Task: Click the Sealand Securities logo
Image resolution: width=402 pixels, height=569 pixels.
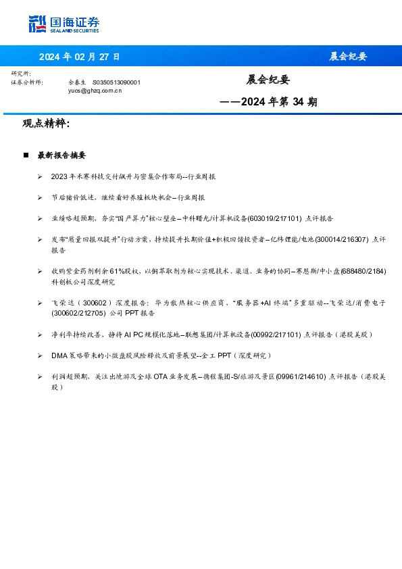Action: click(64, 24)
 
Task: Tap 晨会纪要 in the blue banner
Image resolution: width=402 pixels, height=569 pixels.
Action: click(348, 56)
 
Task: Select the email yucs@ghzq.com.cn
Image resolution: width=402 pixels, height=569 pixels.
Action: click(95, 90)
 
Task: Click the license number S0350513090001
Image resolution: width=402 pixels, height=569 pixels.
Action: click(116, 82)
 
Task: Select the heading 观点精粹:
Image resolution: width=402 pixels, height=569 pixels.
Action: click(46, 124)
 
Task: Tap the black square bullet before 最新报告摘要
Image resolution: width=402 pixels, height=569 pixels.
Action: click(26, 155)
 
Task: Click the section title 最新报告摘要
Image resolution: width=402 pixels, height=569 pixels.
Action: click(61, 155)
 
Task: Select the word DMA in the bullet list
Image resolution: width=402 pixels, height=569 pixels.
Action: click(59, 355)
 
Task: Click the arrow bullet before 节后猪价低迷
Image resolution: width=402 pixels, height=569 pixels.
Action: click(40, 197)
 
